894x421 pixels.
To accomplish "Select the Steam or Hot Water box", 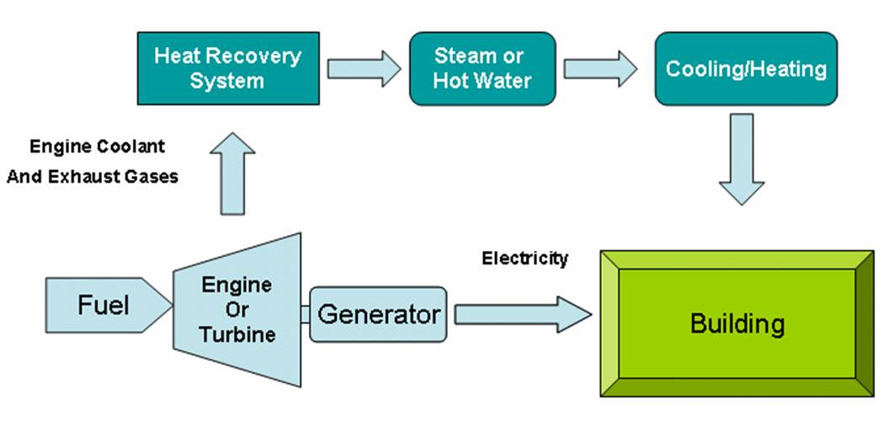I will click(x=482, y=69).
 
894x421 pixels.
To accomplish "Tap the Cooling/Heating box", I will click(x=746, y=69).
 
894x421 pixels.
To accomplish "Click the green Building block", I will click(x=737, y=323).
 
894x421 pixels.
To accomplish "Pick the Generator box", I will click(x=379, y=315).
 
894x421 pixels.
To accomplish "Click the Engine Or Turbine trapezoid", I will click(x=237, y=309).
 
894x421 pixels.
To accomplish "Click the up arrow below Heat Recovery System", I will click(x=231, y=172).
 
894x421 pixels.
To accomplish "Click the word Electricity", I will click(x=524, y=258).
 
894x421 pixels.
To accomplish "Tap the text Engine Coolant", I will click(x=98, y=147).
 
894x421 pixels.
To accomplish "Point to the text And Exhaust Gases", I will click(x=93, y=177).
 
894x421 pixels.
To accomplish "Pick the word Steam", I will click(x=466, y=56).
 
